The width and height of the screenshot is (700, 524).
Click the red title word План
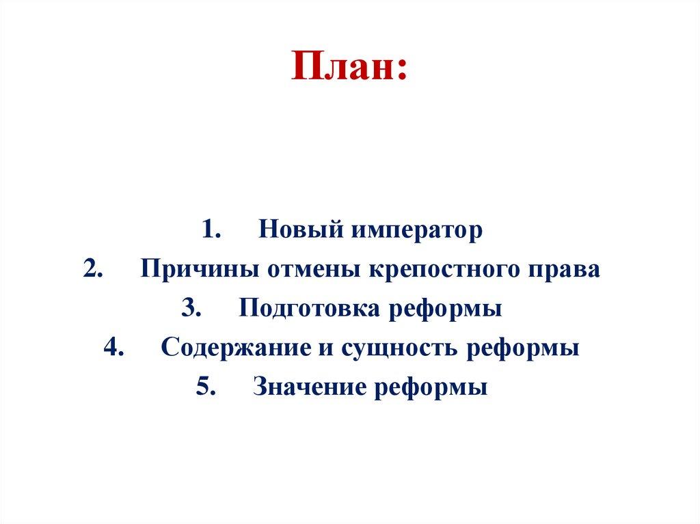pyautogui.click(x=349, y=69)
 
